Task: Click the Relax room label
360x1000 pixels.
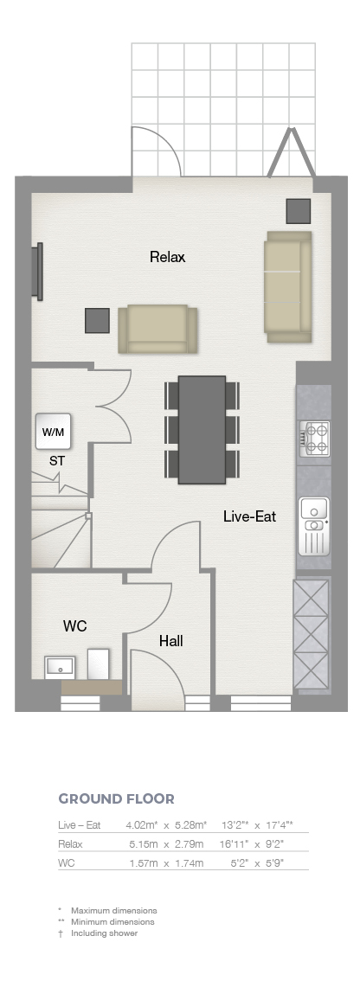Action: (x=167, y=257)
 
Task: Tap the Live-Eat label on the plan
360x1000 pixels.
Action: (x=249, y=516)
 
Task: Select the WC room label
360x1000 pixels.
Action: (x=74, y=626)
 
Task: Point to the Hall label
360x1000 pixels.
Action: (x=171, y=641)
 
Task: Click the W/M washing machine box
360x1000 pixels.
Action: (x=53, y=432)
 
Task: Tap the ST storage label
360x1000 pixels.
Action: (x=57, y=460)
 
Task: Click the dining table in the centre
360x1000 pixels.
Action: (x=202, y=430)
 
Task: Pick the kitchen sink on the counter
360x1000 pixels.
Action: (x=314, y=526)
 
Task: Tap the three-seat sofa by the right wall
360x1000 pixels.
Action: (x=288, y=286)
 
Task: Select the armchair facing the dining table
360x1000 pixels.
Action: (x=157, y=329)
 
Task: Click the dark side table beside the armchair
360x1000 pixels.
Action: (x=97, y=320)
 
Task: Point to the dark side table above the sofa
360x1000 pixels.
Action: (x=298, y=211)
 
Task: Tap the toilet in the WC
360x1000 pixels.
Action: (x=99, y=663)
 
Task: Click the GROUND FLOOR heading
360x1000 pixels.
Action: (x=116, y=798)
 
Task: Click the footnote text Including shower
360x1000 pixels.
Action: (x=104, y=933)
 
